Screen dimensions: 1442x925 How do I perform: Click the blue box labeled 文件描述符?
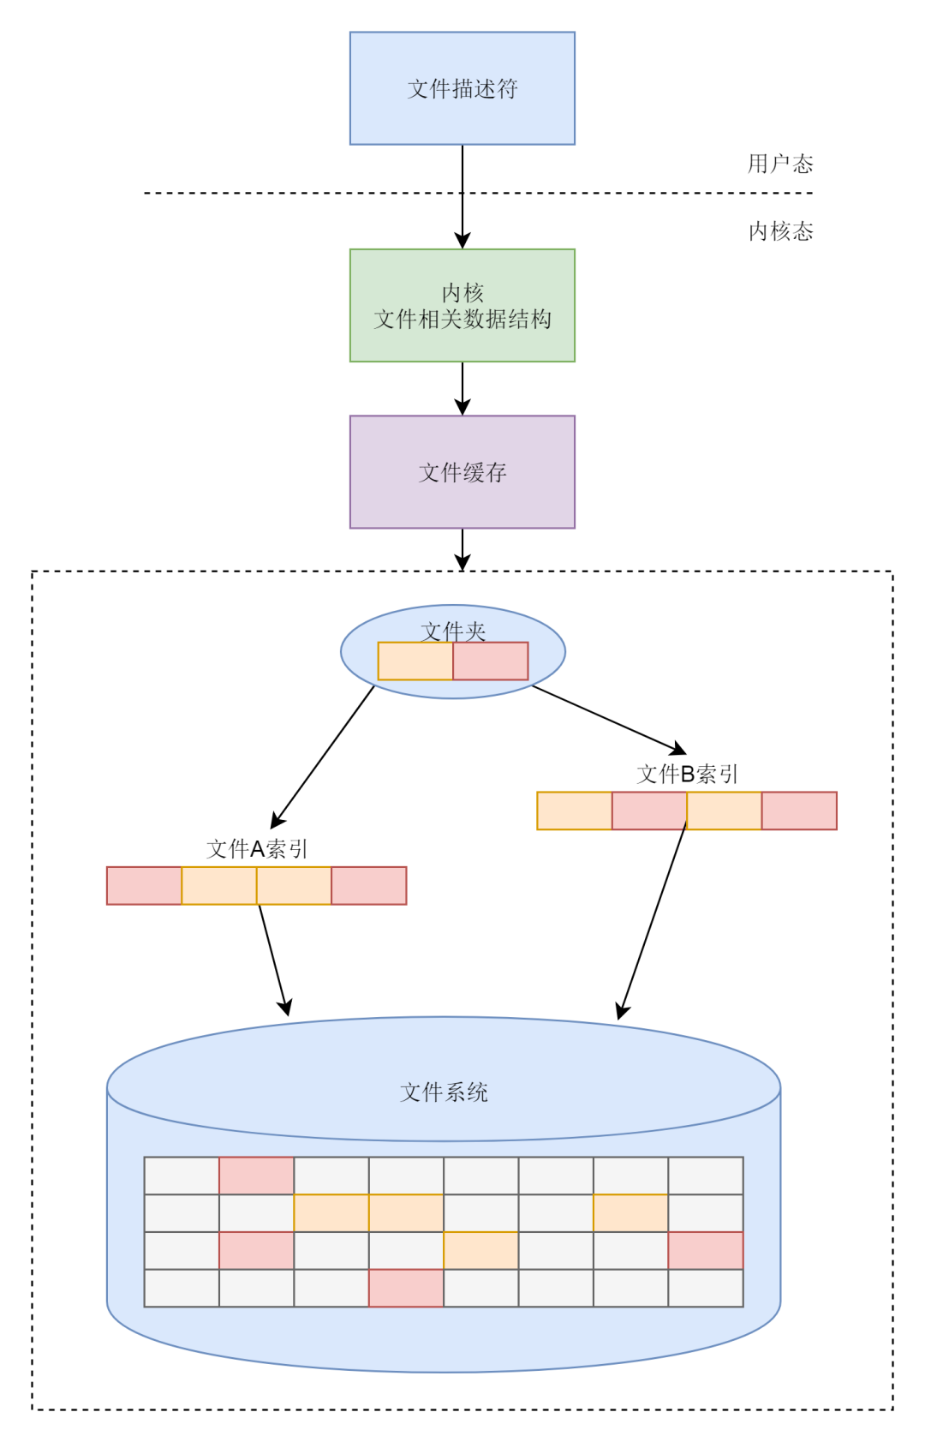pyautogui.click(x=462, y=88)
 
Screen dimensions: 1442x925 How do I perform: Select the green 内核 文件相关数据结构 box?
pyautogui.click(x=462, y=305)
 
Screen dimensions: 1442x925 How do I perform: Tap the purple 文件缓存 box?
pyautogui.click(x=462, y=472)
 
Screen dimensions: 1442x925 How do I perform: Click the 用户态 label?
pyautogui.click(x=779, y=164)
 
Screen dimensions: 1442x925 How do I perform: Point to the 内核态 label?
pyautogui.click(x=780, y=231)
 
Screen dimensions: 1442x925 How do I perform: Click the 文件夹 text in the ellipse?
pyautogui.click(x=453, y=631)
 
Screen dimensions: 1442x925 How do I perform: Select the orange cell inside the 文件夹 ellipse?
pyautogui.click(x=415, y=661)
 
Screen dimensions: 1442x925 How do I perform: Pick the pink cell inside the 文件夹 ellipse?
pyautogui.click(x=490, y=661)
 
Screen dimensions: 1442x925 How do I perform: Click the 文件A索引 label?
pyautogui.click(x=256, y=849)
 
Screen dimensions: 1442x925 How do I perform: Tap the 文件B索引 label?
pyautogui.click(x=687, y=775)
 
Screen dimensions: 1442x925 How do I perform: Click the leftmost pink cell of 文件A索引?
pyautogui.click(x=144, y=886)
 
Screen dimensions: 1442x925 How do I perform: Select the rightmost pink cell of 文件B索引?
pyautogui.click(x=799, y=811)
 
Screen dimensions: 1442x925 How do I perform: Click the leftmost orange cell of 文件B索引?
pyautogui.click(x=574, y=811)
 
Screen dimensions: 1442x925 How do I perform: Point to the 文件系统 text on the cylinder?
pyautogui.click(x=444, y=1092)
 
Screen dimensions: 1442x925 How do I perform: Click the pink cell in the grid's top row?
pyautogui.click(x=256, y=1176)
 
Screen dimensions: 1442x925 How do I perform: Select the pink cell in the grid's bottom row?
pyautogui.click(x=406, y=1288)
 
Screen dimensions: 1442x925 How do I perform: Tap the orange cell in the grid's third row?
pyautogui.click(x=480, y=1250)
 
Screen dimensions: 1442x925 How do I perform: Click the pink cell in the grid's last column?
pyautogui.click(x=705, y=1250)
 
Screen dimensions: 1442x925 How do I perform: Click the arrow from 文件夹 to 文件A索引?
pyautogui.click(x=324, y=755)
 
